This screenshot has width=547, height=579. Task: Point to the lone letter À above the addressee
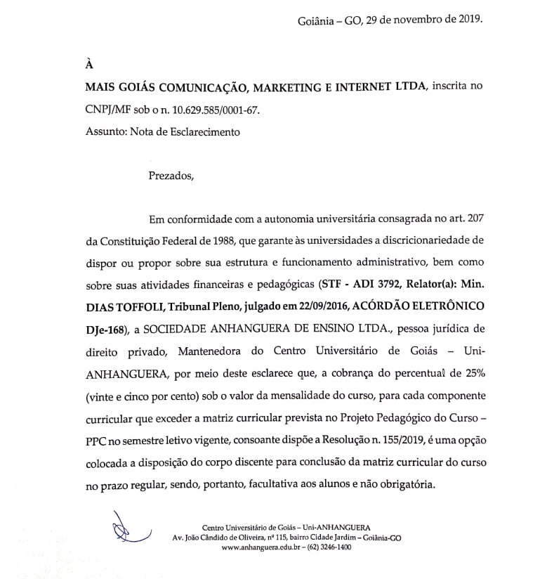click(x=89, y=64)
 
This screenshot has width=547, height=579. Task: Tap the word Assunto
click(x=105, y=131)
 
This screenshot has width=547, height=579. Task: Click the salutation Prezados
click(x=169, y=176)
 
